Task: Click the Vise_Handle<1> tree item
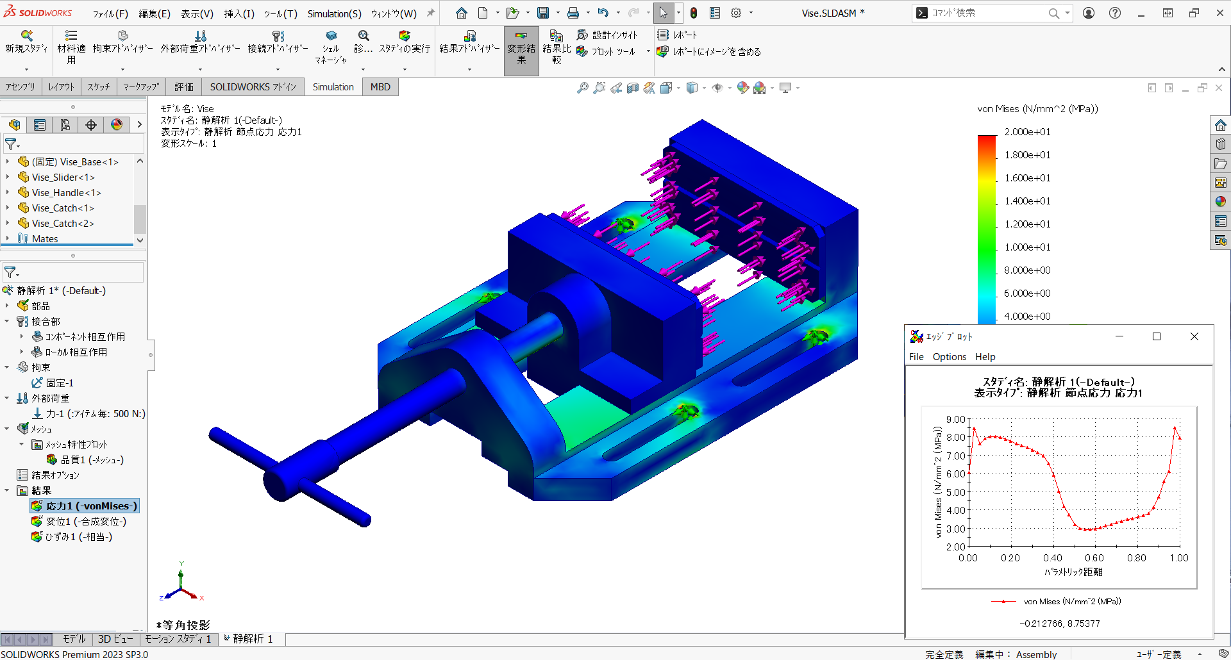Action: [66, 192]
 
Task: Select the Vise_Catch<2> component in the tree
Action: [63, 223]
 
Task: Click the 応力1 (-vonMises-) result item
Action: [91, 506]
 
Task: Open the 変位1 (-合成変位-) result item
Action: [86, 521]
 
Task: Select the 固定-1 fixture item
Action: [60, 383]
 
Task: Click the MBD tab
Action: [380, 87]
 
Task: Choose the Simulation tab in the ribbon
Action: [333, 87]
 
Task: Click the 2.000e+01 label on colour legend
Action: [1027, 131]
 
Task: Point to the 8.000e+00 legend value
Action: [1027, 270]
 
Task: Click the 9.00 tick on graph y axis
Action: [955, 420]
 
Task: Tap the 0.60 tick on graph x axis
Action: [1094, 557]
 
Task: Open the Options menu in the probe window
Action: [949, 356]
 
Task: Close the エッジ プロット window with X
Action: [1194, 336]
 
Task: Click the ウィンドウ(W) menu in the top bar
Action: [393, 13]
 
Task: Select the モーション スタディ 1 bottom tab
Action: [178, 639]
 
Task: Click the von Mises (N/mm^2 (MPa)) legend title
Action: [1037, 108]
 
